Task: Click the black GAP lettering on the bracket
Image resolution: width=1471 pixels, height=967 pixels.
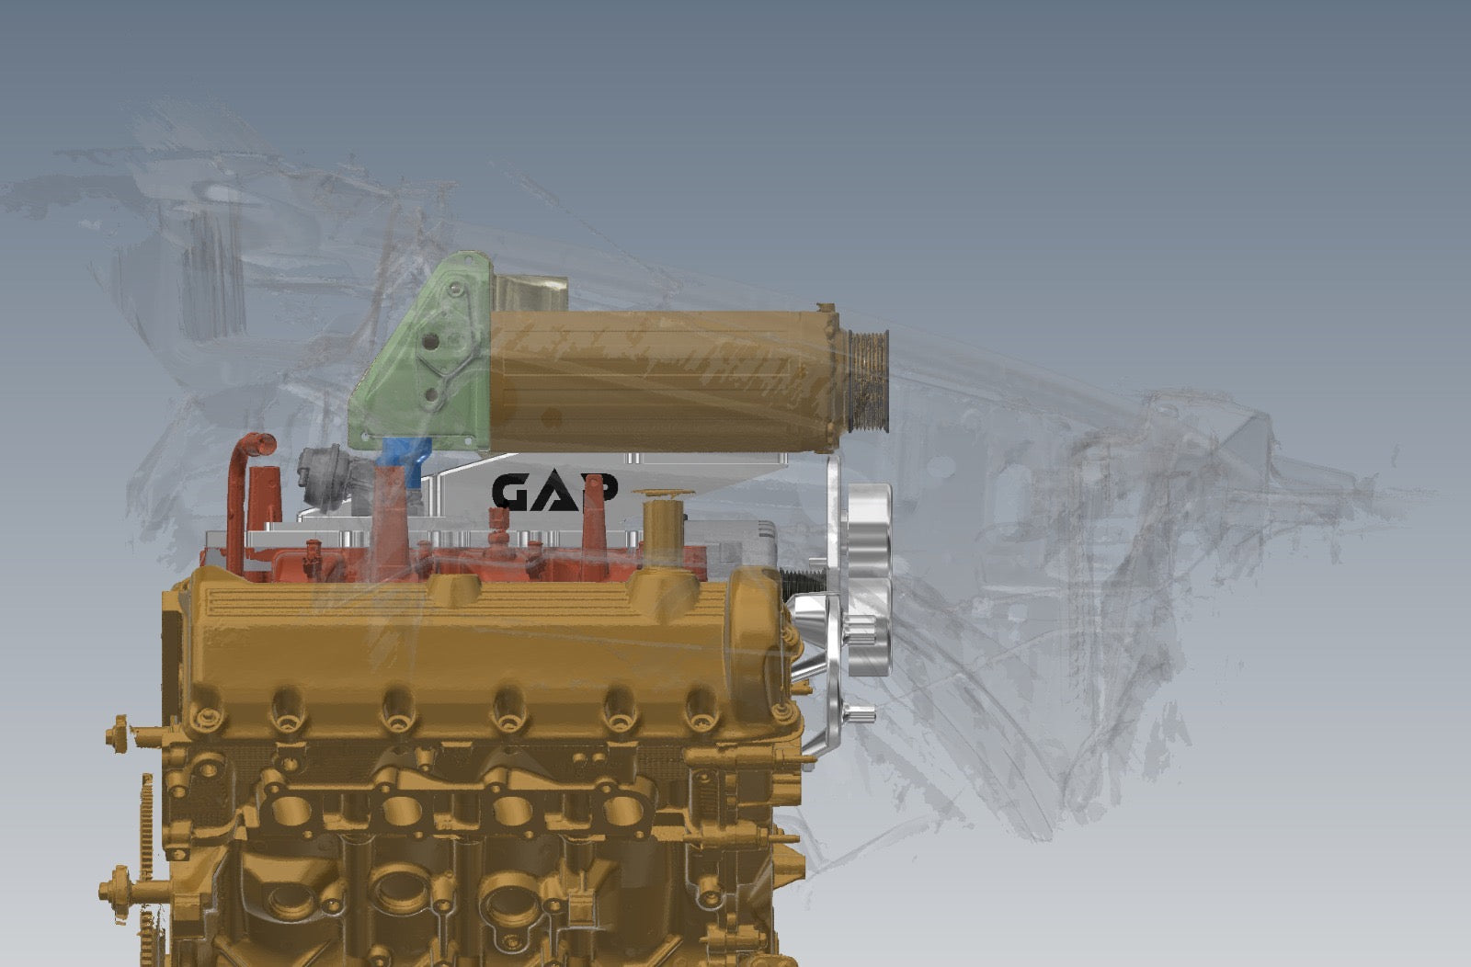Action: pyautogui.click(x=555, y=492)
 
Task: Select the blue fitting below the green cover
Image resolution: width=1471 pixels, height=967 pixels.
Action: pyautogui.click(x=406, y=461)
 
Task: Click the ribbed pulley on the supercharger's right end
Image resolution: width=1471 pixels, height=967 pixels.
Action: pyautogui.click(x=868, y=381)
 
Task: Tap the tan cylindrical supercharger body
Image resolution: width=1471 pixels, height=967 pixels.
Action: pyautogui.click(x=663, y=381)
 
